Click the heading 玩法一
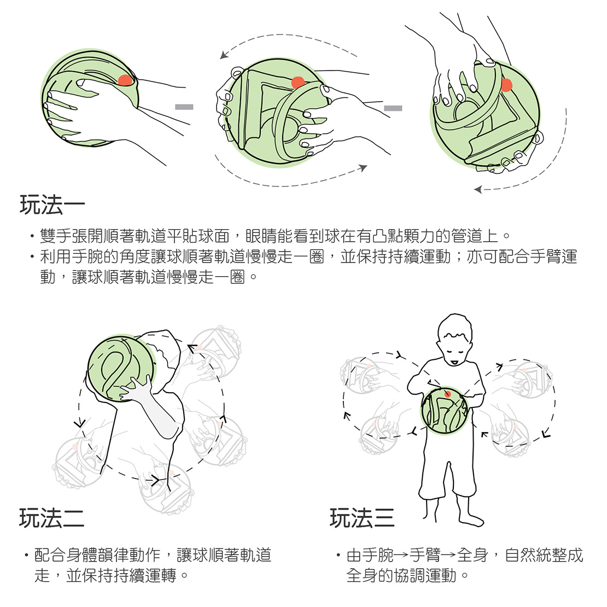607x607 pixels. click(52, 205)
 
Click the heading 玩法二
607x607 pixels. click(51, 517)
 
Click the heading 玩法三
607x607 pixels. click(362, 517)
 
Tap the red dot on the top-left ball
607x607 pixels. click(125, 80)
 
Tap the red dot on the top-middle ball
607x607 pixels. click(297, 83)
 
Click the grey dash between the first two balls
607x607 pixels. click(184, 107)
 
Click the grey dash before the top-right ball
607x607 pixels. click(393, 108)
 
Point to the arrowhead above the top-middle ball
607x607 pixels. click(224, 55)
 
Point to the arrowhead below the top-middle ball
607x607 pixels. click(363, 168)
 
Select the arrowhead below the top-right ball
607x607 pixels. click(478, 190)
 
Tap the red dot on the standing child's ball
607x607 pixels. click(447, 394)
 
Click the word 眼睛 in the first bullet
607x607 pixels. click(261, 236)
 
